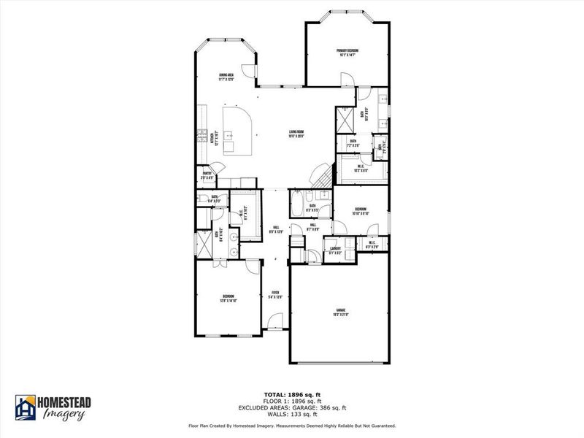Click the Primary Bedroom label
[347, 52]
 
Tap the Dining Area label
[226, 77]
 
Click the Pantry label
[207, 175]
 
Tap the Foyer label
[274, 296]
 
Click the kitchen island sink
[228, 135]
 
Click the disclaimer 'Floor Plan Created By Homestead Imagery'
[241, 425]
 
